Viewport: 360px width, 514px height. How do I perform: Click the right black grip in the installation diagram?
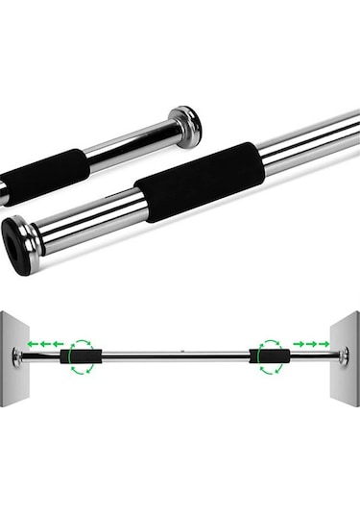tap(268, 356)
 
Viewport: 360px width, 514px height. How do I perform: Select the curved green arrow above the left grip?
tap(80, 341)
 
